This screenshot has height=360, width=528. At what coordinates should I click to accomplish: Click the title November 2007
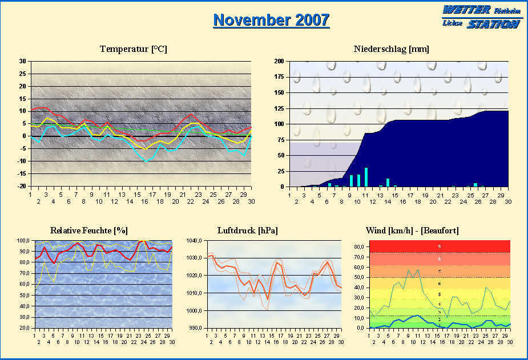[271, 20]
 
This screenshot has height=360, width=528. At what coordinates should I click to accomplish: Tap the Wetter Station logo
[482, 17]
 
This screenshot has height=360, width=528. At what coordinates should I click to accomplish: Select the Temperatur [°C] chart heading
[133, 49]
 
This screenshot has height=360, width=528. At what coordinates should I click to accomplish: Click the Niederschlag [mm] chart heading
[391, 49]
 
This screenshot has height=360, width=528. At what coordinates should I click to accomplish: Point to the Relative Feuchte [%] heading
[88, 230]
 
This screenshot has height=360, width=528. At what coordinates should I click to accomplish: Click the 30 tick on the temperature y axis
[22, 61]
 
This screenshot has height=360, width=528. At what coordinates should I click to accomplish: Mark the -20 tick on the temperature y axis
[21, 186]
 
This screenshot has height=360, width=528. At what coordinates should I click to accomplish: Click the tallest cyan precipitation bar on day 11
[366, 177]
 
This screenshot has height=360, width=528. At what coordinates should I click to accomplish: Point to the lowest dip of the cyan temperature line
[147, 161]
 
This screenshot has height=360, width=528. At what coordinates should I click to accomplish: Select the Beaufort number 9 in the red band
[439, 246]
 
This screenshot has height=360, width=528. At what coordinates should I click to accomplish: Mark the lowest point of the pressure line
[267, 299]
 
